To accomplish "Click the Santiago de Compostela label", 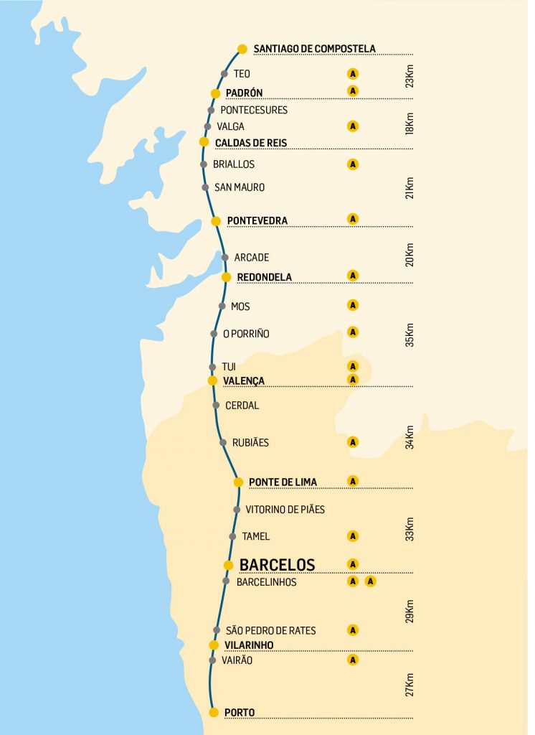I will point(314,49).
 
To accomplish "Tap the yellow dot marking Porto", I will point(213,712).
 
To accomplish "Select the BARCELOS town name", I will point(277,564).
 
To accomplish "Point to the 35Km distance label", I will point(409,335).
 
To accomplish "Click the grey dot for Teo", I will point(224,73).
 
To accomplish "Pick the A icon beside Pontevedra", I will point(352,218).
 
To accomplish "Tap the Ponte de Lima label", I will point(283,482).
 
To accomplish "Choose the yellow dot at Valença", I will point(212,380).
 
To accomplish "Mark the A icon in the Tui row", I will point(352,366).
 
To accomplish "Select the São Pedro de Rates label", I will point(270,630).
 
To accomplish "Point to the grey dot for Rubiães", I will point(224,442).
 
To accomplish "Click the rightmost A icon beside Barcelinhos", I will point(370,581).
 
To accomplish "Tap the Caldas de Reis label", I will point(251,143).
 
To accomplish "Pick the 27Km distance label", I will point(409,684).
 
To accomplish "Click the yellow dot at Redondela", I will point(226,276).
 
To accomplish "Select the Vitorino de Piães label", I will point(285,510).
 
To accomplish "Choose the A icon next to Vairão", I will point(352,659).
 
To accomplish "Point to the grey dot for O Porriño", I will point(214,334).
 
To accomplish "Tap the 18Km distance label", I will point(409,123).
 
